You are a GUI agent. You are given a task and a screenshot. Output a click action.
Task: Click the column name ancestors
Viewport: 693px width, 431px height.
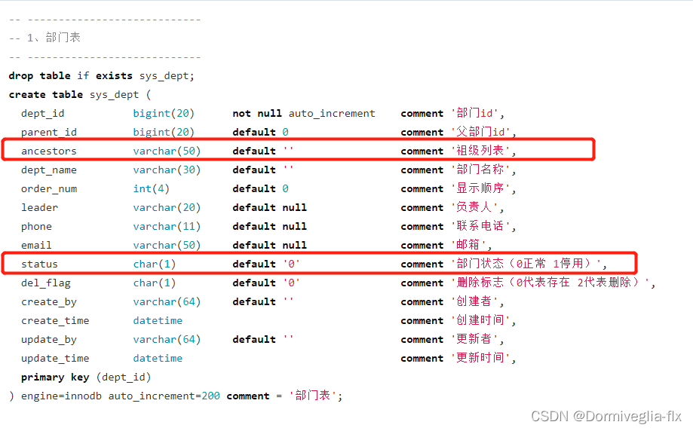48,151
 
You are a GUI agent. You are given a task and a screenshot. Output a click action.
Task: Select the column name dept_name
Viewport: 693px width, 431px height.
48,170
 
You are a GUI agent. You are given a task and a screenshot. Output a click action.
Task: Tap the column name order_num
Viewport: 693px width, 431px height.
48,189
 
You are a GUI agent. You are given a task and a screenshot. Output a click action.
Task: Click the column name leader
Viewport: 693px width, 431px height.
39,208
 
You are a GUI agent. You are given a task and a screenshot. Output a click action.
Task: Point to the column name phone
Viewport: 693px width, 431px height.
36,227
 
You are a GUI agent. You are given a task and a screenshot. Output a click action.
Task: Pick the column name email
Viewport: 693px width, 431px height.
36,246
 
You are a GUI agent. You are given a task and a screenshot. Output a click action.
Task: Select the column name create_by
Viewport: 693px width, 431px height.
48,302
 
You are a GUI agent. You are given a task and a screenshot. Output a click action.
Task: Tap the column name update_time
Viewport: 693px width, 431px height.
54,359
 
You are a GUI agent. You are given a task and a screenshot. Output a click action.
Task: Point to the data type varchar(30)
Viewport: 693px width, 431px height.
167,170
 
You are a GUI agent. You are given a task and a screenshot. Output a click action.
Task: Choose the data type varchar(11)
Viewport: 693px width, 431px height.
167,227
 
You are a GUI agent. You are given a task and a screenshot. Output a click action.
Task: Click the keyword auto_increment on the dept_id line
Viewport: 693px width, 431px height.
332,114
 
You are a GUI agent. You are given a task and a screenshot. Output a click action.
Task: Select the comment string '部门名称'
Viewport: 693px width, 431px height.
483,170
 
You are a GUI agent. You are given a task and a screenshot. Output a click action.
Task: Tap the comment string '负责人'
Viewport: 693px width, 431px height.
477,208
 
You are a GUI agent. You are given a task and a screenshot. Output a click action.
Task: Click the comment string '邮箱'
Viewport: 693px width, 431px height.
471,246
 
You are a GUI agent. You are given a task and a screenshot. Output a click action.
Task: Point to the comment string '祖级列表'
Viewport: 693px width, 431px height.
483,151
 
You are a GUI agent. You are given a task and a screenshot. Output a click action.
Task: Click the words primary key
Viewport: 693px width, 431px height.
54,378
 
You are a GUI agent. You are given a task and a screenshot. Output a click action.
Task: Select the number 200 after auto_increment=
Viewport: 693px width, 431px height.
210,396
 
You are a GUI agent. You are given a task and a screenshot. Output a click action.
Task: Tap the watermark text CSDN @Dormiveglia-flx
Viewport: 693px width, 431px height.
606,417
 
